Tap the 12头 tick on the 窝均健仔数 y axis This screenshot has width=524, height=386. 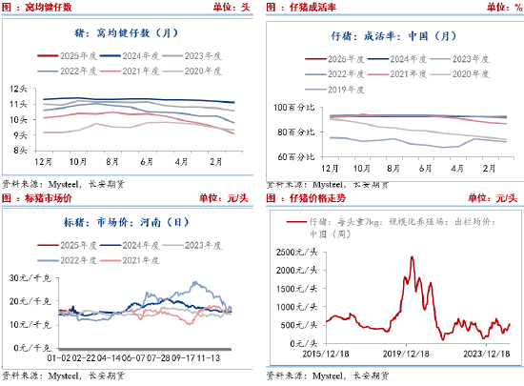pos(17,91)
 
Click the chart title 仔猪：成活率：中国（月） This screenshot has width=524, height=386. pos(393,36)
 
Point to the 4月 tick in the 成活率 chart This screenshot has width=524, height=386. pos(457,168)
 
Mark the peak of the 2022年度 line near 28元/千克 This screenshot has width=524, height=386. pos(197,282)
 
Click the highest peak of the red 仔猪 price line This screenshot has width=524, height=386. pos(411,255)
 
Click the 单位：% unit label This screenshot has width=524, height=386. pos(499,7)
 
